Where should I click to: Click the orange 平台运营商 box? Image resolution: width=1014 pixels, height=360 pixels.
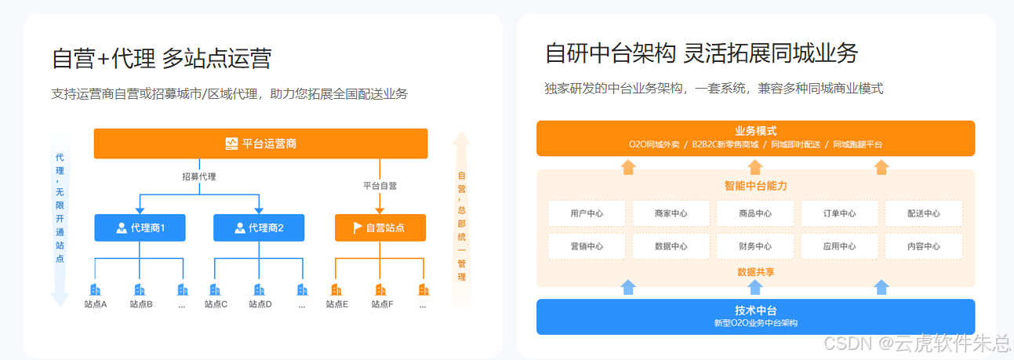pos(260,144)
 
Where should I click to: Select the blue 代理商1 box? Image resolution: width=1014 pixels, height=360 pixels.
pos(140,227)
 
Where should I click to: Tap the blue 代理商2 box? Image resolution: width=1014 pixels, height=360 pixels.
pos(259,227)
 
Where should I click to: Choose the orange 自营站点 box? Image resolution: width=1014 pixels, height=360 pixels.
pos(380,227)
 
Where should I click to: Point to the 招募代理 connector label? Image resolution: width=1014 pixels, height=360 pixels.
pos(198,176)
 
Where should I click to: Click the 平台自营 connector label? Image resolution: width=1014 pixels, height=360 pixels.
pos(380,186)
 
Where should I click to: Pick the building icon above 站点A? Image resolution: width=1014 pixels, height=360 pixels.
pos(95,290)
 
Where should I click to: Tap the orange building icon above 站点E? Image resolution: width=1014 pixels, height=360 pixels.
pos(336,290)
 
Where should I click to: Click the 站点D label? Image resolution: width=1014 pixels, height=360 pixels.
pos(260,304)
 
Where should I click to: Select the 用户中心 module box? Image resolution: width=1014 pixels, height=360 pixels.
pos(587,213)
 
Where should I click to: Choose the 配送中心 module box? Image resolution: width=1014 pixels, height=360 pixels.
pos(923,213)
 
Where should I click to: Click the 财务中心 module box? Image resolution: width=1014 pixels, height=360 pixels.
pos(755,246)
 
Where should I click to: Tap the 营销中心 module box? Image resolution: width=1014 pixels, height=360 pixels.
pos(587,246)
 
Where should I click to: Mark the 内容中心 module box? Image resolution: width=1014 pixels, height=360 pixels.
pos(923,246)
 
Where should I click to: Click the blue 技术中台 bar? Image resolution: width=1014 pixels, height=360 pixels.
pos(755,316)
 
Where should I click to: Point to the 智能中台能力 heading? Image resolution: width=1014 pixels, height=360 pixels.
pos(755,187)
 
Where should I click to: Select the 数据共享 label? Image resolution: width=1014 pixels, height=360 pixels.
pos(755,272)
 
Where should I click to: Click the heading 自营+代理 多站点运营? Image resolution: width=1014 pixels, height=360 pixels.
pos(162,59)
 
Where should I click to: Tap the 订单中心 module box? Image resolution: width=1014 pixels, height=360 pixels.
pos(839,213)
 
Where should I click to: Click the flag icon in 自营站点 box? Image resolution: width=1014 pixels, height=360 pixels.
pos(358,227)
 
